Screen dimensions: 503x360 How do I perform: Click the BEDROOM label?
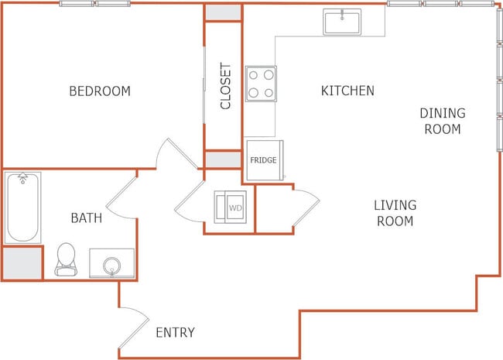pos(100,91)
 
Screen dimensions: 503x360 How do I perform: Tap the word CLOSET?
pos(225,86)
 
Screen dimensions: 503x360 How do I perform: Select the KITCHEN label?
pos(347,91)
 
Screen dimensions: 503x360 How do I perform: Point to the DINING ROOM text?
pos(443,121)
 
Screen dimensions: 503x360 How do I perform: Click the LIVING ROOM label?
pos(395,213)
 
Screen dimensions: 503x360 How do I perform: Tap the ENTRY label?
pos(175,332)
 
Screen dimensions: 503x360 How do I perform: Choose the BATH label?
pos(87,218)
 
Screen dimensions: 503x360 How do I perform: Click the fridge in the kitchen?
pos(265,160)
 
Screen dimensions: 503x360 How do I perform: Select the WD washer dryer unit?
pos(231,207)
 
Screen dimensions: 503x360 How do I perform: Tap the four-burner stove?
pos(261,84)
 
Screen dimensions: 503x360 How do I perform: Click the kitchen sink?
pos(342,22)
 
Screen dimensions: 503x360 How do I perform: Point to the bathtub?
pos(22,207)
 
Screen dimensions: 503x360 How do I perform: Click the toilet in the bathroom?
pos(66,259)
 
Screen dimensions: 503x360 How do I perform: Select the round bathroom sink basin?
pos(112,265)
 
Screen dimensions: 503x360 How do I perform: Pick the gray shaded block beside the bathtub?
pos(22,263)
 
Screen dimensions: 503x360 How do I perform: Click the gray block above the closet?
pos(224,12)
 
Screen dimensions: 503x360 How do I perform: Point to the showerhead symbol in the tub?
pos(22,178)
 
